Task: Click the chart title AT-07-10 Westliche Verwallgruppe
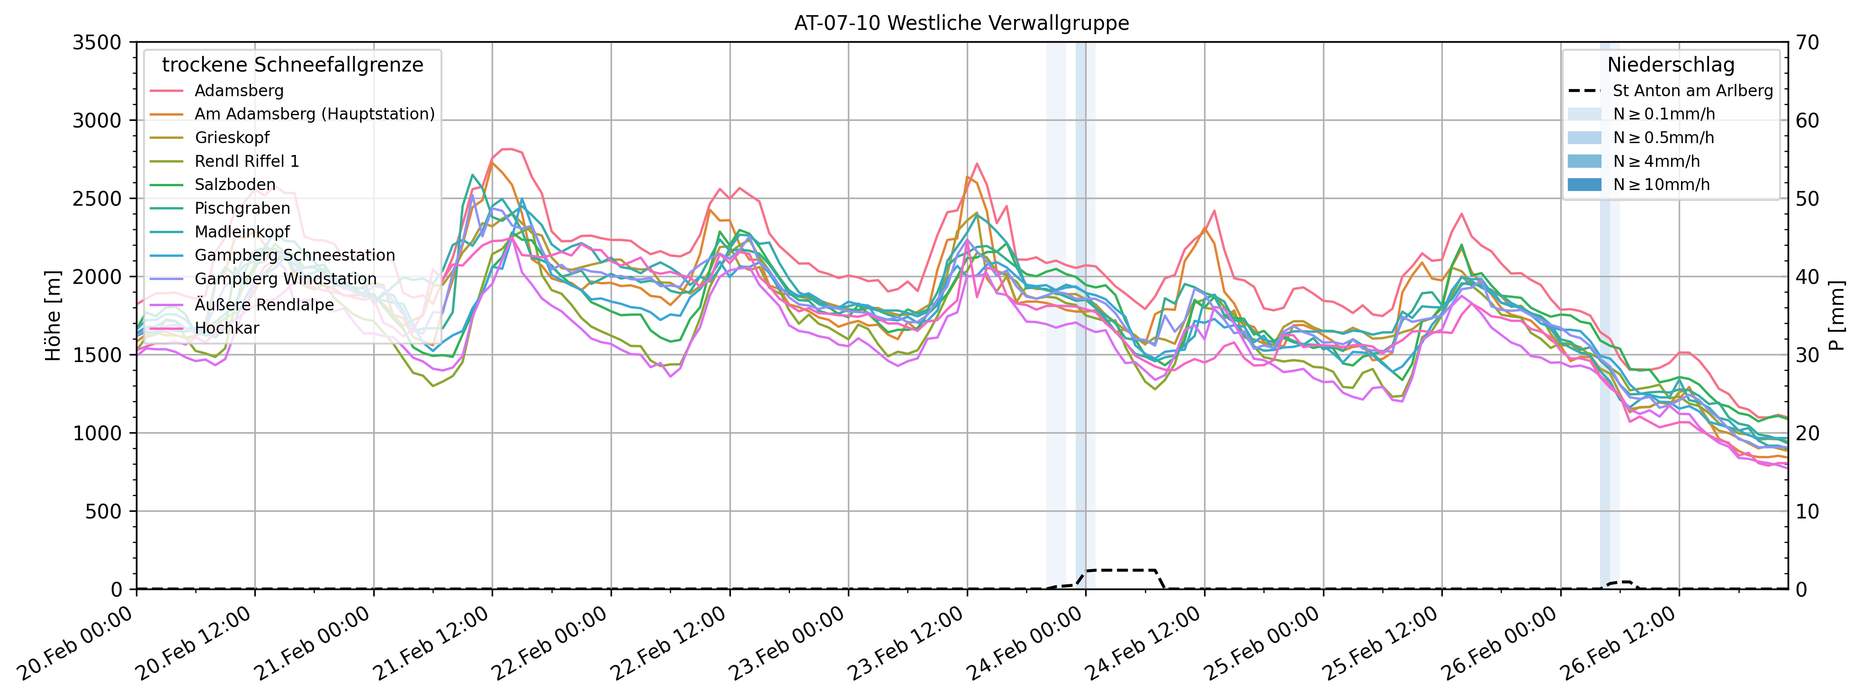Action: click(x=962, y=23)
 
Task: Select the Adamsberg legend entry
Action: click(x=239, y=91)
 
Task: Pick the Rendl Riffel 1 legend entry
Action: click(x=246, y=161)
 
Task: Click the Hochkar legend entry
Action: click(x=226, y=328)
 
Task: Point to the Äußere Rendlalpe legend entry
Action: click(x=264, y=304)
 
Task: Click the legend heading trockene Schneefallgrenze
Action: click(x=292, y=65)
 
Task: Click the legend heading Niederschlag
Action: click(x=1671, y=65)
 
